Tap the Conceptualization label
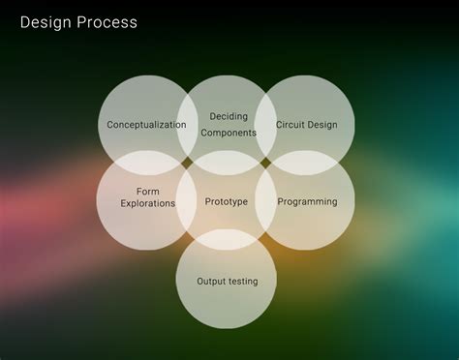click(x=146, y=125)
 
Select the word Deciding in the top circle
click(x=229, y=117)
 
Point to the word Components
click(x=229, y=133)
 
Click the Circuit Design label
click(x=307, y=125)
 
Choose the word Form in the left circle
click(x=148, y=192)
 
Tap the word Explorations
click(x=148, y=204)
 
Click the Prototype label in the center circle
click(x=227, y=202)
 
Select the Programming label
click(x=307, y=202)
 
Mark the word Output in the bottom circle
click(x=212, y=282)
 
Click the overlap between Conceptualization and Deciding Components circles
click(x=187, y=125)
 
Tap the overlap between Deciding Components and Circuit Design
click(x=265, y=125)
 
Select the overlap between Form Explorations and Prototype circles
click(x=187, y=202)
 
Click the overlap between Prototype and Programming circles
click(x=265, y=202)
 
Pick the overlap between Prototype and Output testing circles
click(x=226, y=240)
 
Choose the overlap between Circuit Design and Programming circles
click(x=305, y=163)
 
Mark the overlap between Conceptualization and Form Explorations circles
click(x=147, y=163)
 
